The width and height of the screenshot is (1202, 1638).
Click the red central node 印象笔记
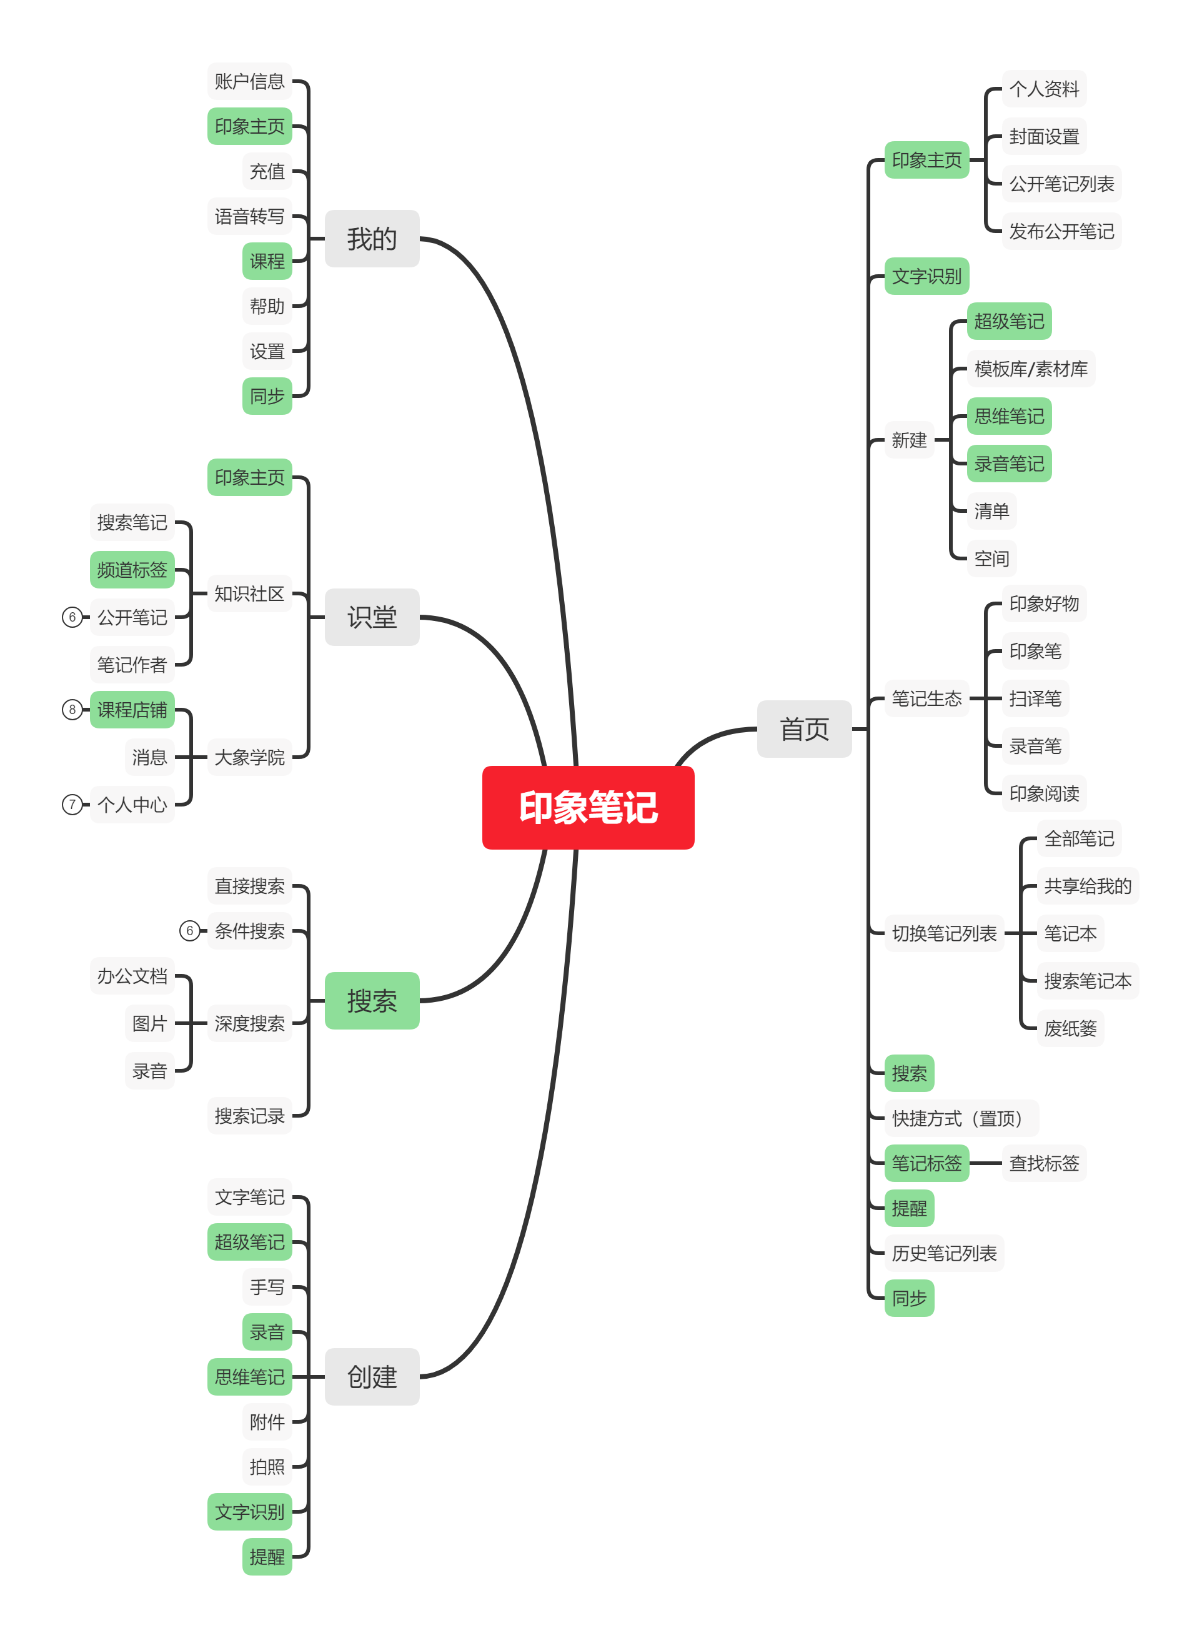(x=588, y=807)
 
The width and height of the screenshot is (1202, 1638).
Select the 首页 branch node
(x=804, y=729)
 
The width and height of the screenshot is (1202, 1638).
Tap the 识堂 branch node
(x=372, y=617)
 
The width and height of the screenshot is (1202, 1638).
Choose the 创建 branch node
(x=372, y=1376)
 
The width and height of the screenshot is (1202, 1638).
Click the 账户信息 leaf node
(x=249, y=81)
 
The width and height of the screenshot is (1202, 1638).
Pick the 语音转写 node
(x=249, y=216)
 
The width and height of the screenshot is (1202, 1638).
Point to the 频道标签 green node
(x=132, y=570)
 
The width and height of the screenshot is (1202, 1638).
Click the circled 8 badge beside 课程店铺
(x=72, y=709)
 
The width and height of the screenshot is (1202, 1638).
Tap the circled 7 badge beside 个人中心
(x=72, y=805)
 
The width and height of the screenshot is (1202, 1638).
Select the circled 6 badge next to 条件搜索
(x=190, y=930)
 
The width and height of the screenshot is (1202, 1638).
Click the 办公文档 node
(x=132, y=975)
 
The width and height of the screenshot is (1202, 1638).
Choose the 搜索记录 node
(x=249, y=1115)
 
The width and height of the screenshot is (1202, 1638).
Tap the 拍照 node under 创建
(x=267, y=1466)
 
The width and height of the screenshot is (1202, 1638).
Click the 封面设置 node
(x=1044, y=136)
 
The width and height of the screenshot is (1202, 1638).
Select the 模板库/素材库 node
(x=1031, y=369)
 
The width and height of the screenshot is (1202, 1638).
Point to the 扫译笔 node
(x=1035, y=698)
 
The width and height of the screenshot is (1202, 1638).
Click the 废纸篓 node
(x=1070, y=1028)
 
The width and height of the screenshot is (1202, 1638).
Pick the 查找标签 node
(x=1044, y=1163)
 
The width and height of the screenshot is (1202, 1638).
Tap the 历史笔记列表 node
(x=945, y=1253)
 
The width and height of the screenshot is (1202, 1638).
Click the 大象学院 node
(x=249, y=757)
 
